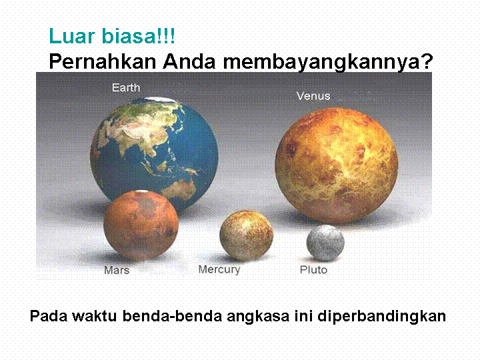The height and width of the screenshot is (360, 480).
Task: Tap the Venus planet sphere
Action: [337, 165]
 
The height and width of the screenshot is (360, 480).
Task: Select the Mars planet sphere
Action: [141, 225]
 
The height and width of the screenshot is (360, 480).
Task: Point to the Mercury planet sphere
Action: [247, 235]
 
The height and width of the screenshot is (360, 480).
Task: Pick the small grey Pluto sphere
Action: [325, 243]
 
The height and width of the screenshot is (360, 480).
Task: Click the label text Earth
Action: [126, 88]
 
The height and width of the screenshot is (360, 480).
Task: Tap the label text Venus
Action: [313, 96]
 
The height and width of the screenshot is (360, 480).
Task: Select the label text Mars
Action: [117, 270]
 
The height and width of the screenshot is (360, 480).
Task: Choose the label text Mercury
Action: [219, 270]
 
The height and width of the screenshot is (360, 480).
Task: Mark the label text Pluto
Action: [313, 270]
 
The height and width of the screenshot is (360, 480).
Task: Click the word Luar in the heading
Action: [72, 36]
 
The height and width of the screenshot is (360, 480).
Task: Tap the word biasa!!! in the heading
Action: [138, 36]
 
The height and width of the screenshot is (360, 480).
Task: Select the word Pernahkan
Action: [103, 61]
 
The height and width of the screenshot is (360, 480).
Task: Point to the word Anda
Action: [189, 61]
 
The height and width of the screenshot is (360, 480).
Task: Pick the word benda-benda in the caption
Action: [173, 316]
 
